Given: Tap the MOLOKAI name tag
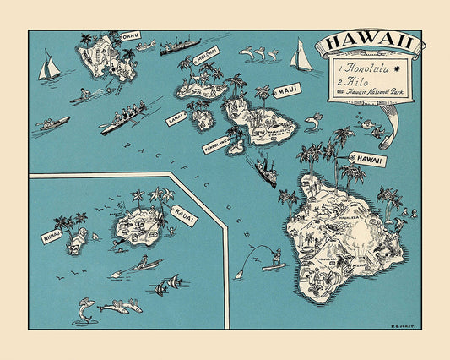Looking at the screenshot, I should click(207, 52).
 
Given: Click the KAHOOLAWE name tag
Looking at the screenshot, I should click(216, 145).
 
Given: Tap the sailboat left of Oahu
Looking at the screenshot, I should click(50, 67).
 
